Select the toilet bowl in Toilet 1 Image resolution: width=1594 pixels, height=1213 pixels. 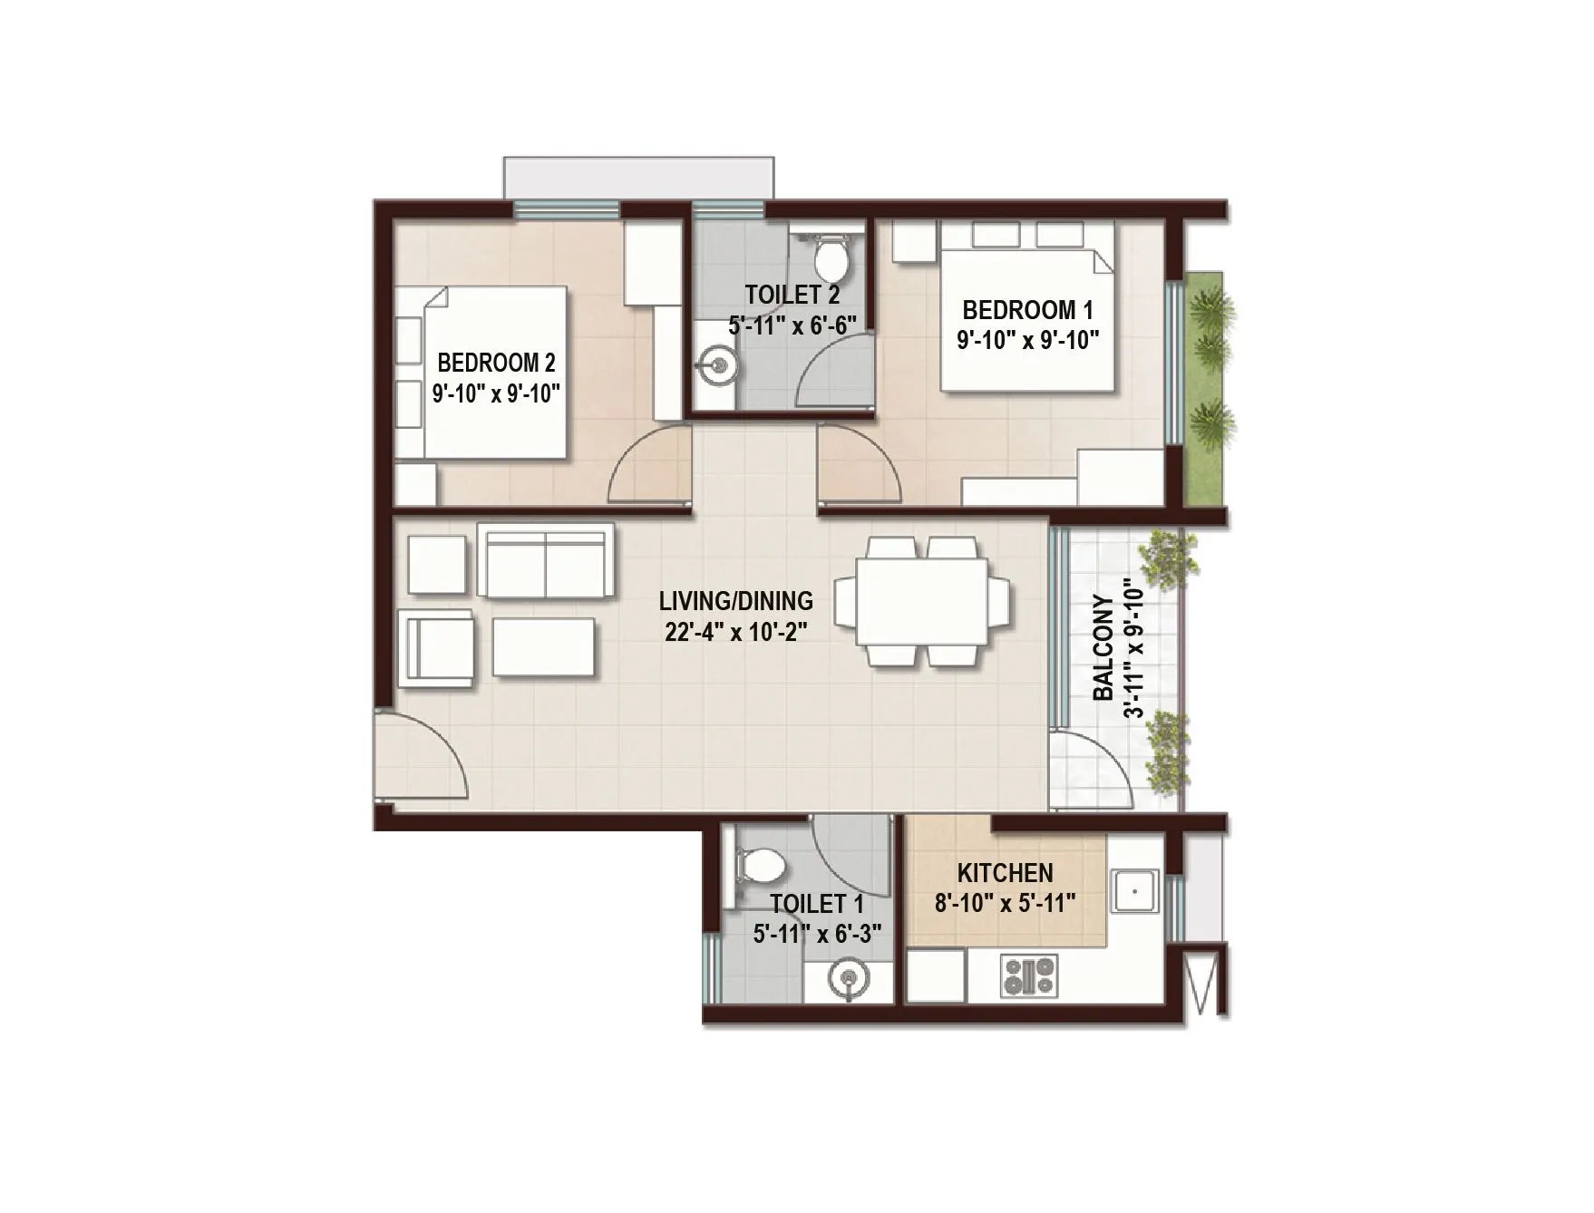tap(762, 866)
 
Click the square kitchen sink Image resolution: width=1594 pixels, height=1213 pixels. tap(1134, 890)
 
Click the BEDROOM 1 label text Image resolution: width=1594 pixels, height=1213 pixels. tap(1026, 310)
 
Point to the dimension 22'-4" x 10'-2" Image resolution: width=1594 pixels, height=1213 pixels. tap(735, 632)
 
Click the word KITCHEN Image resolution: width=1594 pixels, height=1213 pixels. tap(1005, 873)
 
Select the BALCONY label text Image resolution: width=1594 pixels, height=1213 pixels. tap(1103, 647)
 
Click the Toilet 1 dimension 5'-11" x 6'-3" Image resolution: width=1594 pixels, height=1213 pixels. tap(817, 933)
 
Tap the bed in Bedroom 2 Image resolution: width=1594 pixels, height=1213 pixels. tap(494, 373)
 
